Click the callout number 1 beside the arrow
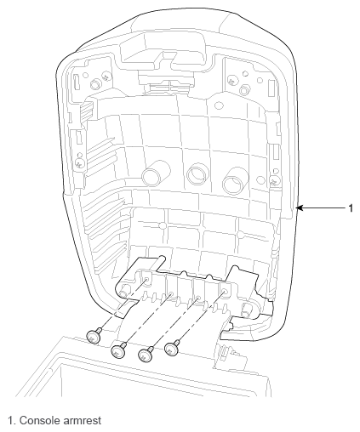tap(351, 208)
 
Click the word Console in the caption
tap(39, 420)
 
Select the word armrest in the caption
tap(82, 420)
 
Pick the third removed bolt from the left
tap(146, 354)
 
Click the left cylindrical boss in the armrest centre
tap(155, 173)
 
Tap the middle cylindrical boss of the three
tap(197, 173)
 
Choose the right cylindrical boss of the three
tap(235, 180)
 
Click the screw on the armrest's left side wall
tap(80, 163)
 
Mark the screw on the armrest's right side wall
tap(275, 180)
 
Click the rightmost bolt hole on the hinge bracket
tap(225, 292)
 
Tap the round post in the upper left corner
tap(95, 84)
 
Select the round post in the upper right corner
tap(244, 90)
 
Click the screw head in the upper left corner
tap(106, 76)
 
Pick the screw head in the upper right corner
tap(231, 82)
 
